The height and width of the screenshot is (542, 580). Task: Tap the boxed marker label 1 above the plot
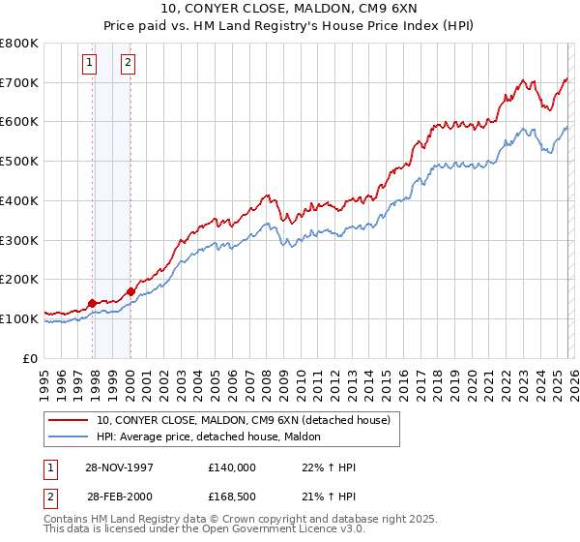tap(89, 64)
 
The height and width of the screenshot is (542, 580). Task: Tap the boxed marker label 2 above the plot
tap(128, 64)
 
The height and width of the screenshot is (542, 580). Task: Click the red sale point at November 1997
tap(93, 303)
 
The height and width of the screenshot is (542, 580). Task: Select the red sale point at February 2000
tap(130, 291)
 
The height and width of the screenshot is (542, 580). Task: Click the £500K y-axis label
tap(19, 161)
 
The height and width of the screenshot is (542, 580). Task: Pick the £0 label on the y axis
tap(29, 358)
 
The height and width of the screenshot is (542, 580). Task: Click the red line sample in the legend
tap(70, 420)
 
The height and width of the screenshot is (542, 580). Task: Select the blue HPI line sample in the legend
tap(70, 437)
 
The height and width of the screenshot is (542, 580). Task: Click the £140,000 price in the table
tap(231, 467)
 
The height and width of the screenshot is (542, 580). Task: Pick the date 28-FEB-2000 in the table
tap(120, 496)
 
